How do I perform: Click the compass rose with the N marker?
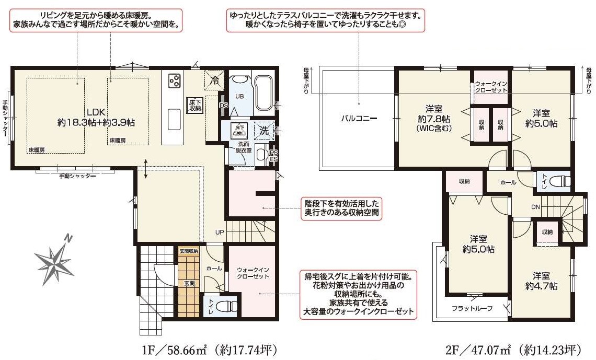pos(54,260)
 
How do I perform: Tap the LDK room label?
pos(96,117)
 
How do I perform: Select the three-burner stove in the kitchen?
pos(174,80)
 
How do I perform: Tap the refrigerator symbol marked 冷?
pos(214,80)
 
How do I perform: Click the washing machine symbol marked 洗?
pos(264,131)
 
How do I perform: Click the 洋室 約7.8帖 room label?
pos(434,118)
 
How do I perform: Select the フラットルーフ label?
pos(472,308)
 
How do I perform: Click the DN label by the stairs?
pos(535,207)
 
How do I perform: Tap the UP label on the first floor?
pos(220,231)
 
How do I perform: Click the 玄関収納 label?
pos(189,251)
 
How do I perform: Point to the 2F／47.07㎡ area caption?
pos(512,349)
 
